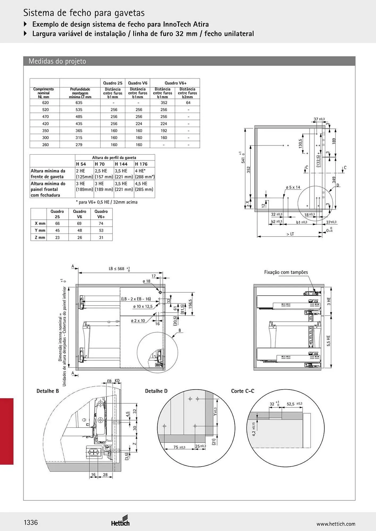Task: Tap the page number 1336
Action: click(31, 522)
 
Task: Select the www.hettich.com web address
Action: click(336, 524)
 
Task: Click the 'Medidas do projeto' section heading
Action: click(57, 61)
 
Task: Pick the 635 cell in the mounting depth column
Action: click(79, 103)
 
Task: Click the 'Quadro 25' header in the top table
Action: click(113, 83)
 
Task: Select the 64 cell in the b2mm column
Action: click(188, 103)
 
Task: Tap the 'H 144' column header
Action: click(121, 164)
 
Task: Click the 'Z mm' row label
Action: click(40, 238)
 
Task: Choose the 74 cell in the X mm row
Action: click(101, 224)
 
